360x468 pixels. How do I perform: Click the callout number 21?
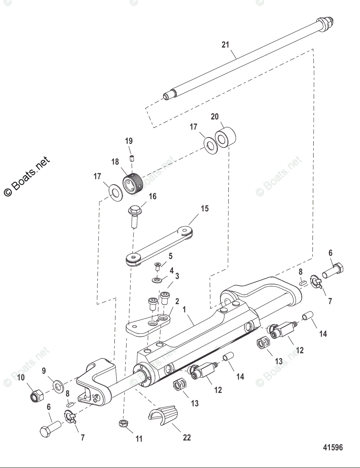225,45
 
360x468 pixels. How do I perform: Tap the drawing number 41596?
333,448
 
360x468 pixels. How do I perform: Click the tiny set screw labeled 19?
132,159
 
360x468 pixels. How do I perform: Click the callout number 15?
205,208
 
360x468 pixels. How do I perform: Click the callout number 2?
177,301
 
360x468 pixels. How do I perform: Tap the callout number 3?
177,276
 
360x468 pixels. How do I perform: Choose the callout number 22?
187,437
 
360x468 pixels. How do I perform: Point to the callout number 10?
20,378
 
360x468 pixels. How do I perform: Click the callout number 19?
129,141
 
